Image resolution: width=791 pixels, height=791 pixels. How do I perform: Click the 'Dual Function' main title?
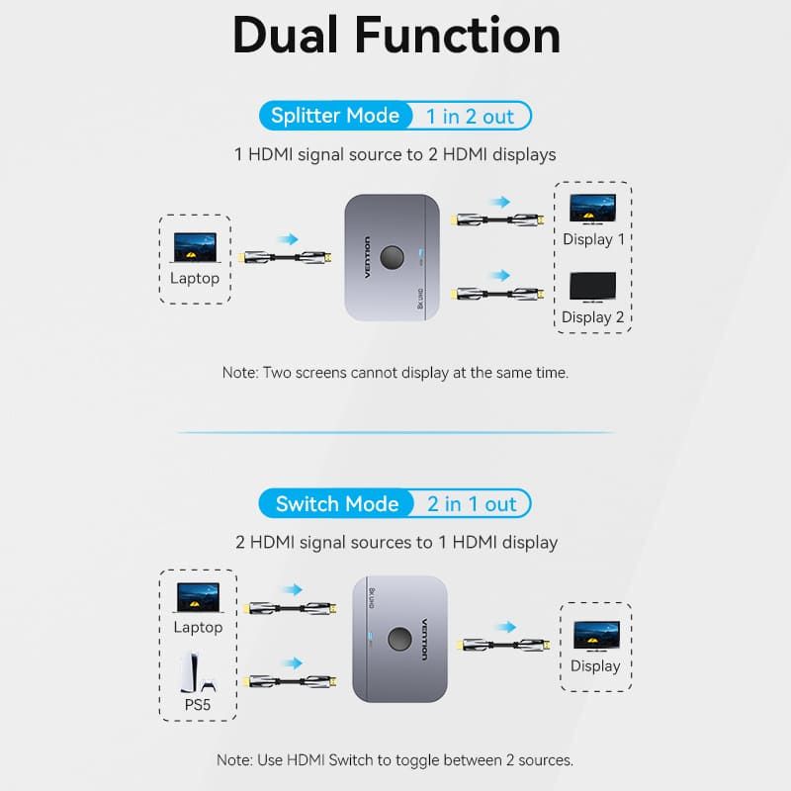pos(395,37)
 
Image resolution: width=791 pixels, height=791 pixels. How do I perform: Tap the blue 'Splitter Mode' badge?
pos(334,116)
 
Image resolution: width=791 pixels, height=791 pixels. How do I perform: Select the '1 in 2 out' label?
pos(470,117)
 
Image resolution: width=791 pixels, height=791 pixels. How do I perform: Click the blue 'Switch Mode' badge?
pos(336,504)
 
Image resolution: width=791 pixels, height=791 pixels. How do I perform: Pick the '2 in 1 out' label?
pos(472,504)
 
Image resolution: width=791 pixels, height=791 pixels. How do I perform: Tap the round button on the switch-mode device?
pos(400,637)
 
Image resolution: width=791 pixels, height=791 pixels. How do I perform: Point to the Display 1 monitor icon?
pos(593,209)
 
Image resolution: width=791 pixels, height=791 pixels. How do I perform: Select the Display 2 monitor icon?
pos(593,288)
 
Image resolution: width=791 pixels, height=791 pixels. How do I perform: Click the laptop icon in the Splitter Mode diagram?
pos(195,246)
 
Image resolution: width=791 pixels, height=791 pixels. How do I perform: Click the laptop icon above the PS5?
pos(198,597)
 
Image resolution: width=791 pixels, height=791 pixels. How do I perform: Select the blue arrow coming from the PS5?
pos(291,662)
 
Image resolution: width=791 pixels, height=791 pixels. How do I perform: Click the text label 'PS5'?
pos(197,706)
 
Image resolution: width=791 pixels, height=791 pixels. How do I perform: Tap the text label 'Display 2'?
pos(593,317)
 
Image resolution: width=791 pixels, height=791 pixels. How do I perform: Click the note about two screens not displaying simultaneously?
pos(395,373)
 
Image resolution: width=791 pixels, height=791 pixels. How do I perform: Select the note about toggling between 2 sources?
pos(395,760)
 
